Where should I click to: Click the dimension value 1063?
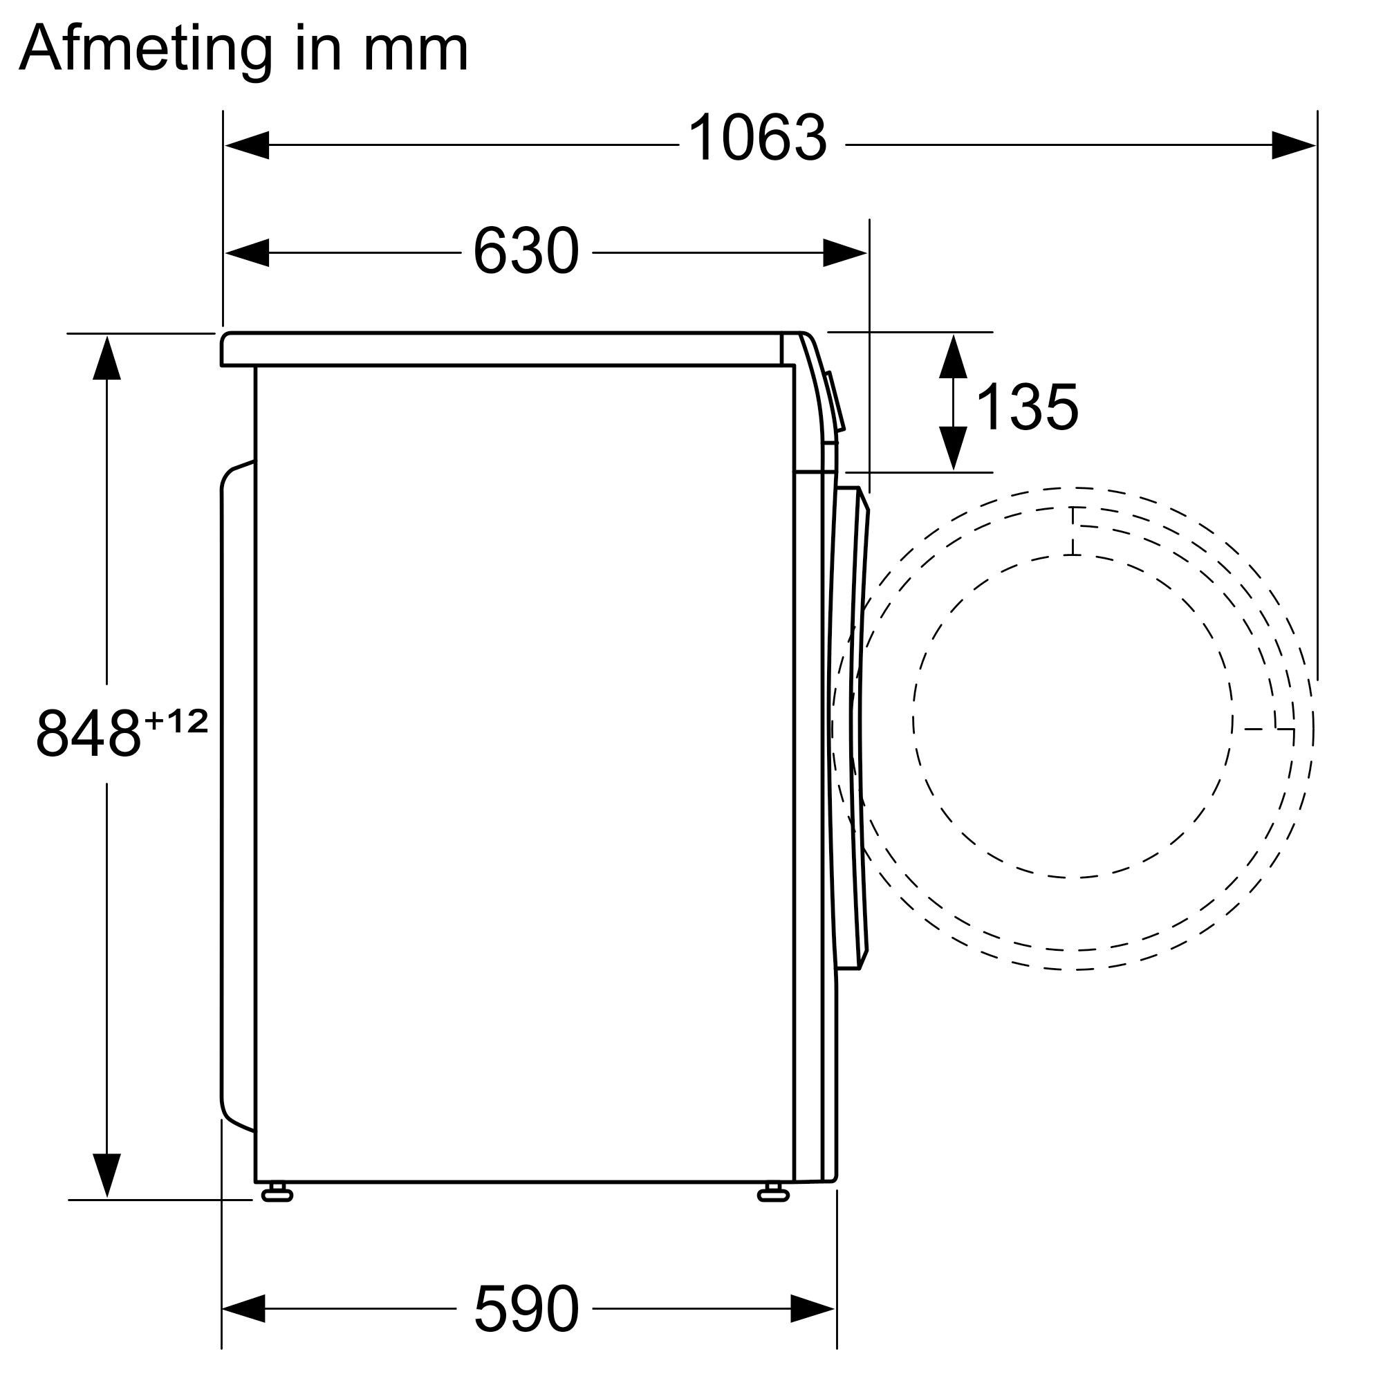coord(757,139)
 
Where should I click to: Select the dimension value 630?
coord(526,251)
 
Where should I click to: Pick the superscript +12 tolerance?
coord(176,720)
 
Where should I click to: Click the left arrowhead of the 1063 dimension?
coord(246,145)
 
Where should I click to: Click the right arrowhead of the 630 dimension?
coord(845,252)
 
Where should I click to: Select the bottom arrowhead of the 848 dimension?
coord(106,1176)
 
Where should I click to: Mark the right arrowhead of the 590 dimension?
coord(813,1308)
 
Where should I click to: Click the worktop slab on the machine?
coord(501,349)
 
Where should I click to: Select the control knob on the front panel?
coord(835,401)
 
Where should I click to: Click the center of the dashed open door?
coord(1074,723)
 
